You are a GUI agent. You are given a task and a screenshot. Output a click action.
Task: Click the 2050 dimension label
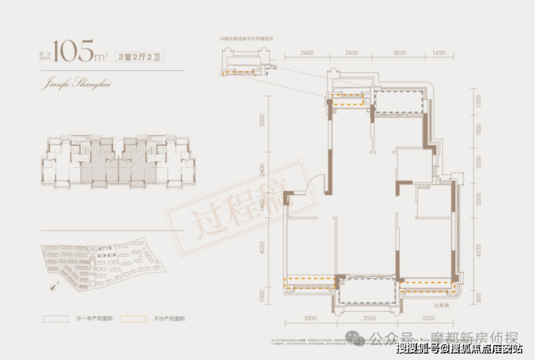478,163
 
